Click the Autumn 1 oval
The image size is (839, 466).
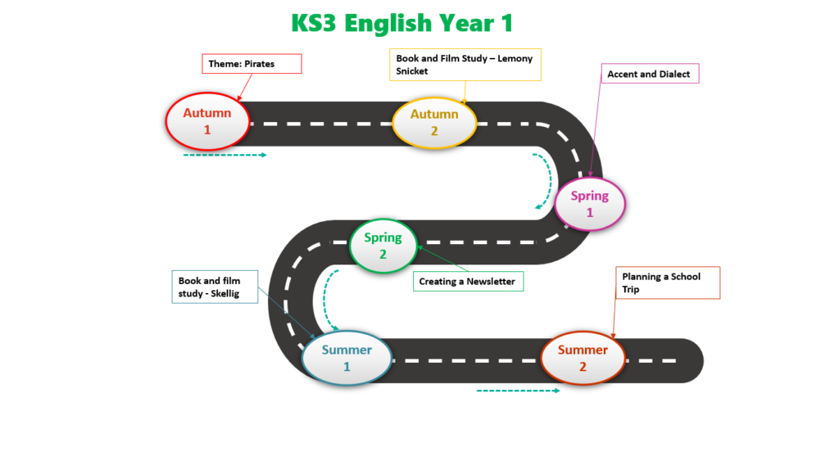[207, 121]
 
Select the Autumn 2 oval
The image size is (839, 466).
[435, 122]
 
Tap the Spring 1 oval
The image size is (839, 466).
[590, 203]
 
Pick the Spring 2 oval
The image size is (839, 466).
[383, 245]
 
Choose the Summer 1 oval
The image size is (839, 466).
[347, 358]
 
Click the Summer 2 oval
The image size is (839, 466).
[583, 358]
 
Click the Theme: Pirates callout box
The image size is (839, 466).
[252, 64]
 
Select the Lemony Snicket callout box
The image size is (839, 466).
[465, 65]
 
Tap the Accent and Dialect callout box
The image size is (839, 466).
[648, 75]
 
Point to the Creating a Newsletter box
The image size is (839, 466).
[467, 282]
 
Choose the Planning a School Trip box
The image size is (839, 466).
[668, 283]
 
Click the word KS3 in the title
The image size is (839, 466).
[314, 23]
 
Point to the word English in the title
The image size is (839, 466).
[386, 23]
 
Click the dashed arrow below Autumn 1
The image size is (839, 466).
[225, 154]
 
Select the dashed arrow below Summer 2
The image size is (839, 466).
[518, 391]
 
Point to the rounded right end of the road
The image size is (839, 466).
[692, 360]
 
